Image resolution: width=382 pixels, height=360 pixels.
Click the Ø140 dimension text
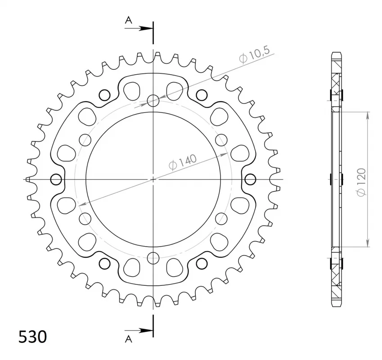183,162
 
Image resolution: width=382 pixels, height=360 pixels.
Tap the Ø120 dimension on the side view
361,182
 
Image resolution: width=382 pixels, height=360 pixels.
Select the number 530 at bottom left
32,337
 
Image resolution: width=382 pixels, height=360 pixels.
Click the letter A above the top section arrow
128,20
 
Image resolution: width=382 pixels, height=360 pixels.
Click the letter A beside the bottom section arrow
128,339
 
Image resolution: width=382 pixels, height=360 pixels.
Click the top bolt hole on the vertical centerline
153,101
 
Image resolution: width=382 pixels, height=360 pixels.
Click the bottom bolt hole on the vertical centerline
153,258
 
